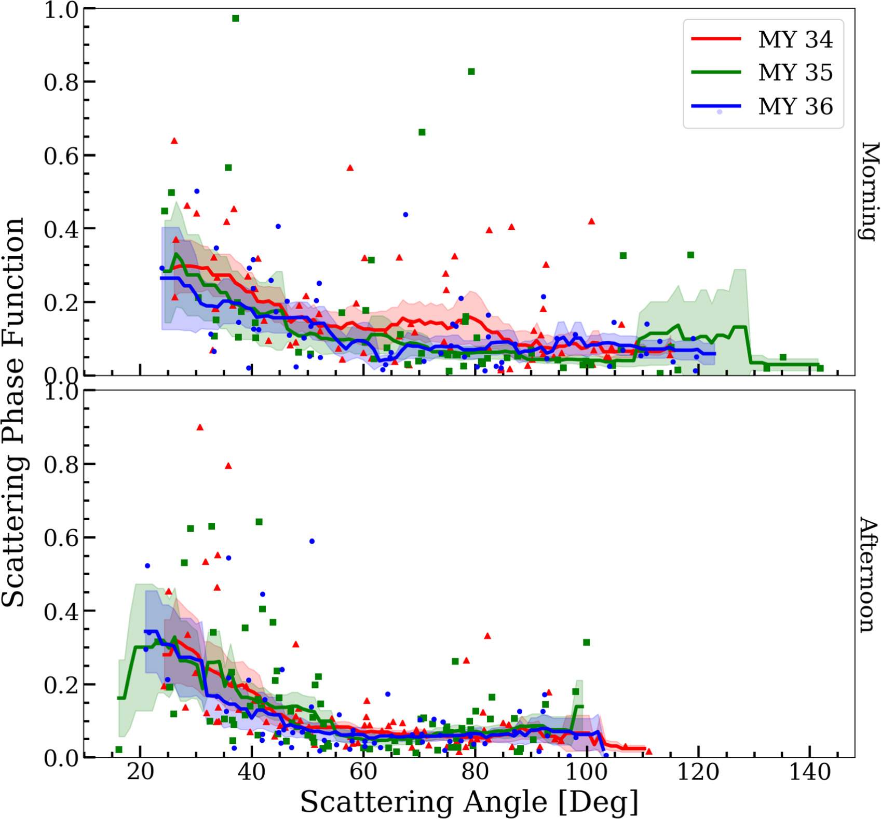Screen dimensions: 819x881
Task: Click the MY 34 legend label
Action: tap(795, 40)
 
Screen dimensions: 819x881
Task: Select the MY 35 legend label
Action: tap(795, 73)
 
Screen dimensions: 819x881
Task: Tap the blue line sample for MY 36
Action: tap(716, 106)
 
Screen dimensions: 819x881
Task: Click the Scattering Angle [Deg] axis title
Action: tap(469, 802)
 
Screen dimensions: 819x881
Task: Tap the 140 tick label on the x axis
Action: tap(810, 773)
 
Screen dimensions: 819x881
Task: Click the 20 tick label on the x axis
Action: tap(140, 773)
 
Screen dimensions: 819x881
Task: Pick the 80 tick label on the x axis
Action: tap(475, 773)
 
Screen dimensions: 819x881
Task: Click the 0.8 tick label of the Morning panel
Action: tap(61, 82)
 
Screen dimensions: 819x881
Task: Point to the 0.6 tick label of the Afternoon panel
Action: tap(61, 538)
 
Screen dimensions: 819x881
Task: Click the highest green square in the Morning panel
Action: tap(236, 19)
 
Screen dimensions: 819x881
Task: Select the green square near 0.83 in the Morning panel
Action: tap(471, 72)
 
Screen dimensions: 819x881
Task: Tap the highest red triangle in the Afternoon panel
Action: tap(200, 427)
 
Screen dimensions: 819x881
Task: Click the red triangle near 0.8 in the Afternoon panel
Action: tap(228, 466)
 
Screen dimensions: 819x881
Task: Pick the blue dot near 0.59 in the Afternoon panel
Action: tap(312, 541)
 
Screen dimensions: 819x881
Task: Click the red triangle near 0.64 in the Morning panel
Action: tap(174, 141)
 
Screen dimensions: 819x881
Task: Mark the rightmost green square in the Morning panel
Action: tap(821, 368)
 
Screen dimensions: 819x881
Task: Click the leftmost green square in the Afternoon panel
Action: tap(119, 749)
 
